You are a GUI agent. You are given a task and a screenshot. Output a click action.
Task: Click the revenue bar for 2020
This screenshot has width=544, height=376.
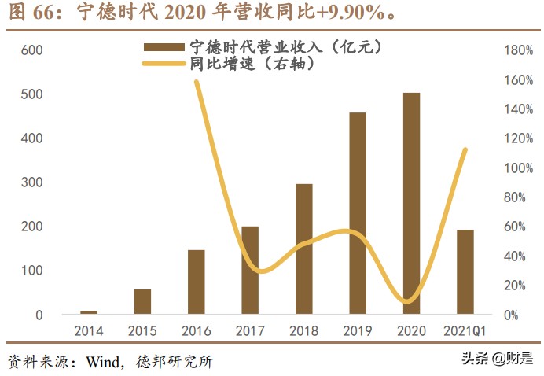pyautogui.click(x=411, y=204)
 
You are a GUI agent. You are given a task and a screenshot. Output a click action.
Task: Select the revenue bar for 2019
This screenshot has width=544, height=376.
pyautogui.click(x=358, y=213)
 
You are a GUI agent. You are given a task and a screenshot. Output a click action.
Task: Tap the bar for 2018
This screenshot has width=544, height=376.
pyautogui.click(x=303, y=249)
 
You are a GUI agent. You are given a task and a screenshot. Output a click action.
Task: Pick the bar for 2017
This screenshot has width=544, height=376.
pyautogui.click(x=250, y=271)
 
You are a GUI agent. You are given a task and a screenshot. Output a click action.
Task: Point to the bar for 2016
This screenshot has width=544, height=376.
pyautogui.click(x=197, y=282)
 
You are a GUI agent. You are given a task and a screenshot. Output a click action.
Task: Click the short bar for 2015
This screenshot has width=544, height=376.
pyautogui.click(x=142, y=302)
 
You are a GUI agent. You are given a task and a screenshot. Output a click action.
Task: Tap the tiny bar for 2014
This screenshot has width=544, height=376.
pyautogui.click(x=89, y=312)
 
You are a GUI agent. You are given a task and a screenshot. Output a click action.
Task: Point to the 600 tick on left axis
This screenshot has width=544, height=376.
pyautogui.click(x=31, y=50)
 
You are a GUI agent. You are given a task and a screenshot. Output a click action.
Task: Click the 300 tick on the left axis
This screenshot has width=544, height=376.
pyautogui.click(x=31, y=182)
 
